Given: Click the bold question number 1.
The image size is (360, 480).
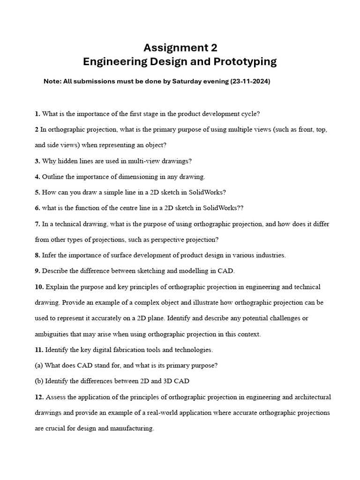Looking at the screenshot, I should coord(37,113).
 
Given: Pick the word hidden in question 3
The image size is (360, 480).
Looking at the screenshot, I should coord(67,161).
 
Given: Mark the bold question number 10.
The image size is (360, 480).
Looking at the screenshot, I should coord(39,287).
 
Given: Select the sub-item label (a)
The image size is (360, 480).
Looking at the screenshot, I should coord(39,366).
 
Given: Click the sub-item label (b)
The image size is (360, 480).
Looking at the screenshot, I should coord(39,381).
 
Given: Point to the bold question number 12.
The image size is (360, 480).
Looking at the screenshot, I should coord(39,397).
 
